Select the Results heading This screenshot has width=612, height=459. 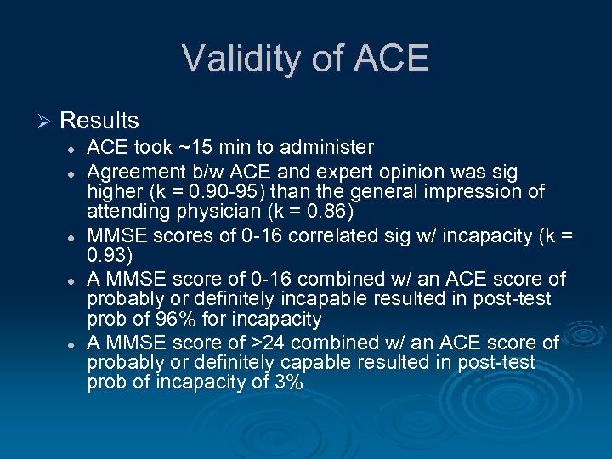[99, 121]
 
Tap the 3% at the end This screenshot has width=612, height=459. [286, 383]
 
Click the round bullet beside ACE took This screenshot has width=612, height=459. [74, 149]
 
